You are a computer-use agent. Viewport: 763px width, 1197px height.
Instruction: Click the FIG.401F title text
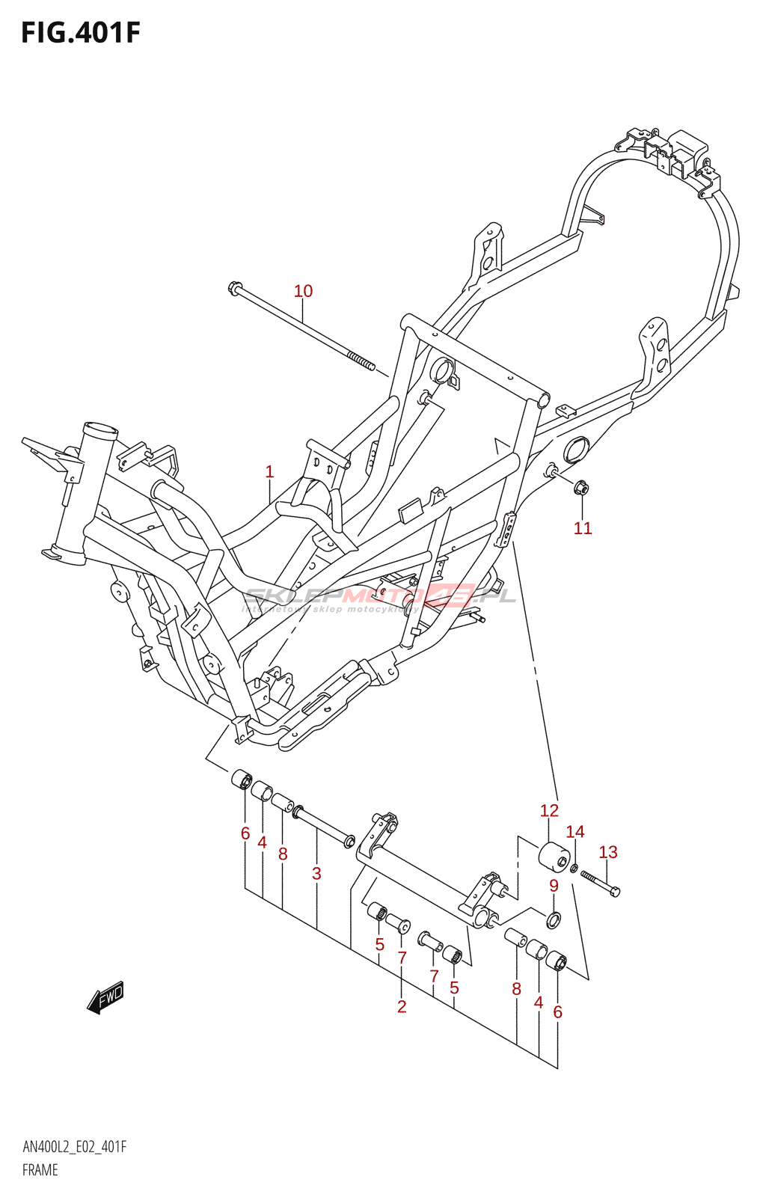tap(80, 33)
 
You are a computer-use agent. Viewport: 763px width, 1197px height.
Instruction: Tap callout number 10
tap(303, 291)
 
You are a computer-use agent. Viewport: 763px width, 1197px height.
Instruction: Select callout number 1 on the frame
tap(269, 472)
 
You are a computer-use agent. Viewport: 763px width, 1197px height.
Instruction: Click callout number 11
tap(583, 528)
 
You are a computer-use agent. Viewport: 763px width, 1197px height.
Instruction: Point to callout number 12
tap(549, 810)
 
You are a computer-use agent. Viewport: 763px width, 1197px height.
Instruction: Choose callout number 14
tap(574, 831)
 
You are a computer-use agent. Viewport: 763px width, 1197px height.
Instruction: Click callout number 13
tap(608, 852)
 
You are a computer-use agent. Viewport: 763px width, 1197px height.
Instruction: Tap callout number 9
tap(554, 886)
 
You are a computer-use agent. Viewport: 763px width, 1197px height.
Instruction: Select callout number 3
tap(316, 873)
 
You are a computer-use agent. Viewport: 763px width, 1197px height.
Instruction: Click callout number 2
tap(402, 1006)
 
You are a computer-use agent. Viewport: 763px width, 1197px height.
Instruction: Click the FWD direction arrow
tap(105, 997)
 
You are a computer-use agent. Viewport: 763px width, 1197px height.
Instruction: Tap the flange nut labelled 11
tap(582, 488)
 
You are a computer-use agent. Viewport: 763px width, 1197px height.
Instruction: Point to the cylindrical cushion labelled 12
tap(554, 856)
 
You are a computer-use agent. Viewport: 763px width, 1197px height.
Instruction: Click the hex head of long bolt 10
tap(234, 287)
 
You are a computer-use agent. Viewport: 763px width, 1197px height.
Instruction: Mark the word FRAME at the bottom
tap(40, 1170)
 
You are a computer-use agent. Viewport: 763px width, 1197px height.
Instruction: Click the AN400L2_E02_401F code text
tap(74, 1147)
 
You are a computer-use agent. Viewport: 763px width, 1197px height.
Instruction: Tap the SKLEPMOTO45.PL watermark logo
tap(380, 596)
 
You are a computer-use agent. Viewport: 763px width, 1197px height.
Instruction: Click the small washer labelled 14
tap(574, 868)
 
